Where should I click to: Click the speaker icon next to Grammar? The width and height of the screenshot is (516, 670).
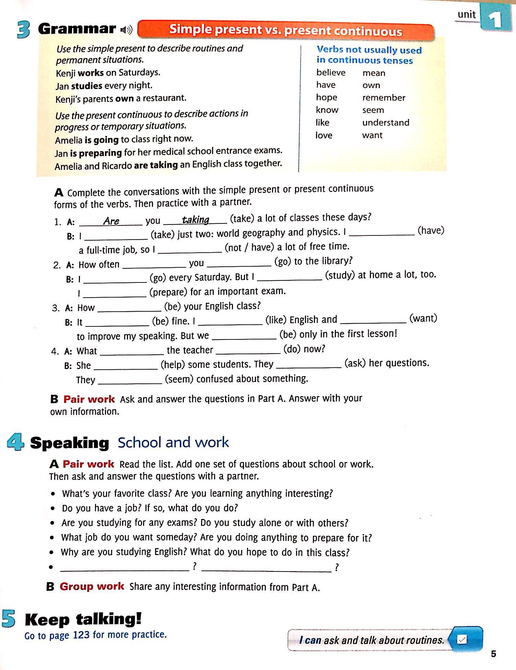point(126,30)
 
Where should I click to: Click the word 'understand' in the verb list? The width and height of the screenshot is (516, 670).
point(386,123)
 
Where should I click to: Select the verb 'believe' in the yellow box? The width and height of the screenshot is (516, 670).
point(331,72)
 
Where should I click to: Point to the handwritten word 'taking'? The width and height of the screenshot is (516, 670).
point(196,220)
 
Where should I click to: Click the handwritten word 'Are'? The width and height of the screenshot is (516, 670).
point(111,221)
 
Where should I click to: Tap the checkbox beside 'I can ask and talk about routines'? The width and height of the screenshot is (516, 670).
point(462,640)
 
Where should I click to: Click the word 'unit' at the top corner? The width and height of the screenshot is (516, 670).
point(467,14)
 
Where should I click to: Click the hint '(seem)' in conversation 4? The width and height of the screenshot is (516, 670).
point(179,379)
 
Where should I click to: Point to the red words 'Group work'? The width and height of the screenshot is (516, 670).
point(92,586)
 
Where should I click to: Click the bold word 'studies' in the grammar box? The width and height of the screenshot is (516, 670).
point(86,85)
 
